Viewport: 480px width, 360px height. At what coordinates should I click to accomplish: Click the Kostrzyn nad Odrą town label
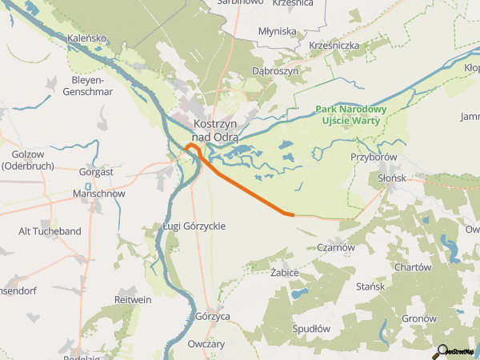click(x=215, y=130)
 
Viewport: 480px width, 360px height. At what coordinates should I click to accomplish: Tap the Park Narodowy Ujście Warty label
click(x=351, y=114)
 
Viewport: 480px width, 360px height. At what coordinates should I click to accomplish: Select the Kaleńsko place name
click(x=87, y=38)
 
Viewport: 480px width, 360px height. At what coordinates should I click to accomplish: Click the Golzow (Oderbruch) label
click(x=33, y=160)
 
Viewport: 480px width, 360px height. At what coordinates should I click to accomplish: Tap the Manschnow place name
click(x=98, y=194)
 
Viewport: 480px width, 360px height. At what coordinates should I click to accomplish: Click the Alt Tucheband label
click(x=50, y=231)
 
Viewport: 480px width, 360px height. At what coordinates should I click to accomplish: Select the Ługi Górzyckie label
click(x=194, y=226)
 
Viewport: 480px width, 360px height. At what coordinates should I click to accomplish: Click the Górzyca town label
click(x=213, y=316)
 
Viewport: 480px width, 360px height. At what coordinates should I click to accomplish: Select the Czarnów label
click(x=336, y=247)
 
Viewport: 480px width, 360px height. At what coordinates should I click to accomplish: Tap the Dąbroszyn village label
click(x=274, y=71)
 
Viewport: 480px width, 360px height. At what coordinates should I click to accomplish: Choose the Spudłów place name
click(x=311, y=328)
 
